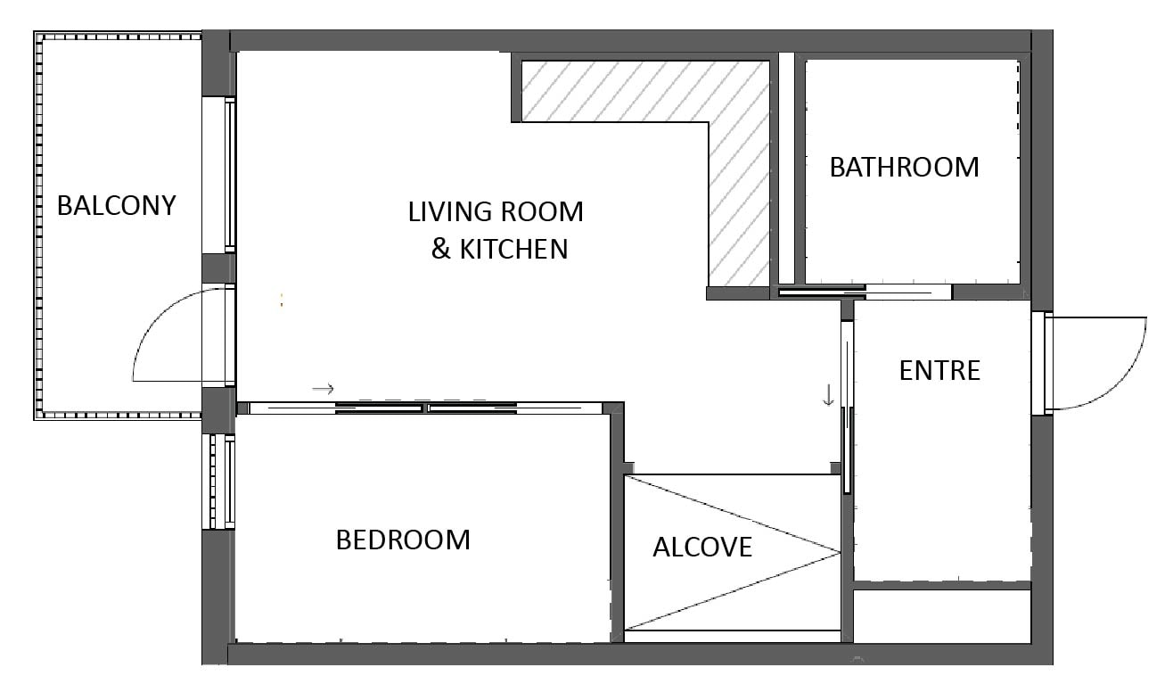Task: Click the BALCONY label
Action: coord(116,205)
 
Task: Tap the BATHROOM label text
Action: coord(905,168)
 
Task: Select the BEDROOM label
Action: coord(403,540)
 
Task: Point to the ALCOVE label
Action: coord(702,548)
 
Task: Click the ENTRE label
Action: coord(940,371)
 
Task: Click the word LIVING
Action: coord(450,212)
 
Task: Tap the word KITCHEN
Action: coord(513,250)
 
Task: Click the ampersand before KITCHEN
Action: coord(441,250)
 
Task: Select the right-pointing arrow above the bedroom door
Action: coord(323,389)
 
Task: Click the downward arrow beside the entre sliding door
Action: coord(828,395)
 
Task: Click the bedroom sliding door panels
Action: coord(425,408)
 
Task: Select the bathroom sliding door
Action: coord(864,292)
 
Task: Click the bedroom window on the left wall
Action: coord(219,482)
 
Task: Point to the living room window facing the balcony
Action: coord(219,175)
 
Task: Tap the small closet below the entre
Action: coord(942,616)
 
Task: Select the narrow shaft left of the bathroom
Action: coord(786,169)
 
